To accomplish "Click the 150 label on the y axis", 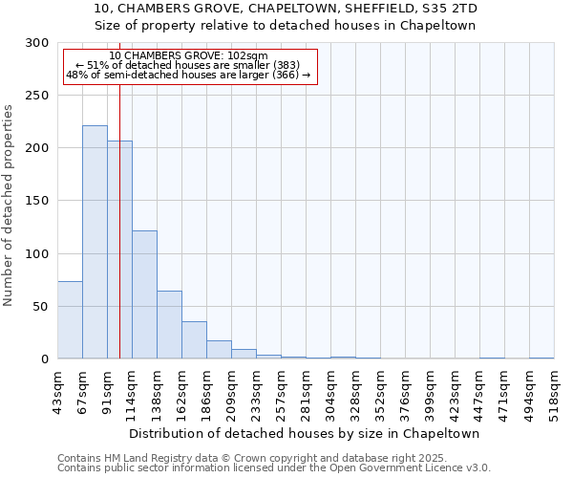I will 37,201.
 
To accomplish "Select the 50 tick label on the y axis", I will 41,306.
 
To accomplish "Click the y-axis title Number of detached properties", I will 9,206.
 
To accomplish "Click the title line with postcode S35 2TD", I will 286,9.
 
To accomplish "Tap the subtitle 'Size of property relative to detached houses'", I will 286,25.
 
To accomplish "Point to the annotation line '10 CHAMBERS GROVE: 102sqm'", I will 188,56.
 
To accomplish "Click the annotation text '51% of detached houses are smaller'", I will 188,65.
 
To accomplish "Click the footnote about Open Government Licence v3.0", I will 273,467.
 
